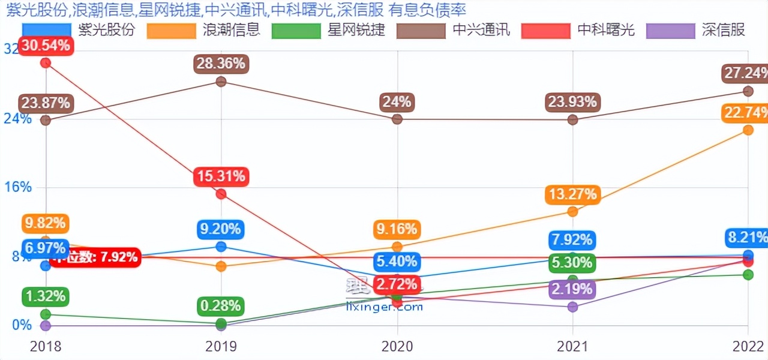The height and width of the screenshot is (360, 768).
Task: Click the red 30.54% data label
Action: coord(46,46)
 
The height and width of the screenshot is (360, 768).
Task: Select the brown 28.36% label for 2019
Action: coord(221,64)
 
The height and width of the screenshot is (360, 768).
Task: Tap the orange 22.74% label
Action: coord(745,113)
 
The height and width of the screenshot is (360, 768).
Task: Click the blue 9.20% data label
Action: coord(221,229)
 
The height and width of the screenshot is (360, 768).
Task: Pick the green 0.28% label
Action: coord(221,305)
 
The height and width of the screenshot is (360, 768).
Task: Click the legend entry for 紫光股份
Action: coord(79,30)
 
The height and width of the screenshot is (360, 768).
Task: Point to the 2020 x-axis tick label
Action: coord(397,346)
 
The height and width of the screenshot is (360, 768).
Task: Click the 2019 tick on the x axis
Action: coord(221,346)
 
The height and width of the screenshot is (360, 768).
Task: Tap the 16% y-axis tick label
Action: coord(18,187)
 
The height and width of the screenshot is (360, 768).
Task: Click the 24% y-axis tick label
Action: coord(18,118)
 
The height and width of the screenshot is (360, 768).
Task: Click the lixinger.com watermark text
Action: coord(385,307)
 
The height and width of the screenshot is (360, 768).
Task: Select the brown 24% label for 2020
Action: coord(397,102)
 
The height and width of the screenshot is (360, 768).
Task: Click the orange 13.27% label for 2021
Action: coord(572,194)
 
